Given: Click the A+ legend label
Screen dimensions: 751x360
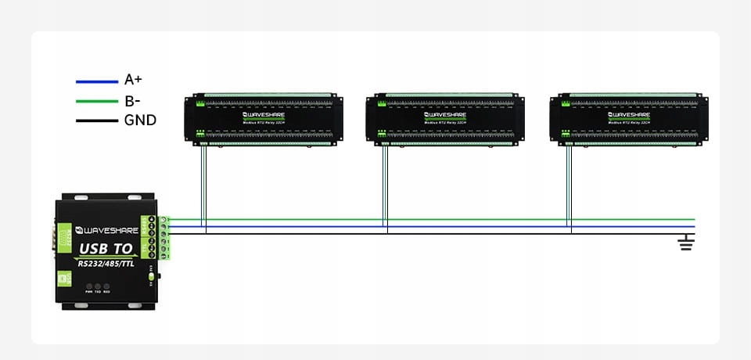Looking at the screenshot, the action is pos(133,80).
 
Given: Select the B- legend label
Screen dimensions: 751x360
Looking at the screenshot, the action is pos(132,100).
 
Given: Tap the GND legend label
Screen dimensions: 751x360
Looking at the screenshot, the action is pos(140,121).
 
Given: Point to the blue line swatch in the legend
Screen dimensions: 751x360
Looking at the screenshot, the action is pos(95,81).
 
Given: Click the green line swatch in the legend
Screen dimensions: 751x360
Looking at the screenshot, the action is pos(95,101).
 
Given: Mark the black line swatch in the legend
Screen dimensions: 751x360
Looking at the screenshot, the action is pos(95,121).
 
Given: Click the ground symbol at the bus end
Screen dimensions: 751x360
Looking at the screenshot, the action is pos(686,243).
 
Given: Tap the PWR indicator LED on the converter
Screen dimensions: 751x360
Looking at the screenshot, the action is pos(89,286).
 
